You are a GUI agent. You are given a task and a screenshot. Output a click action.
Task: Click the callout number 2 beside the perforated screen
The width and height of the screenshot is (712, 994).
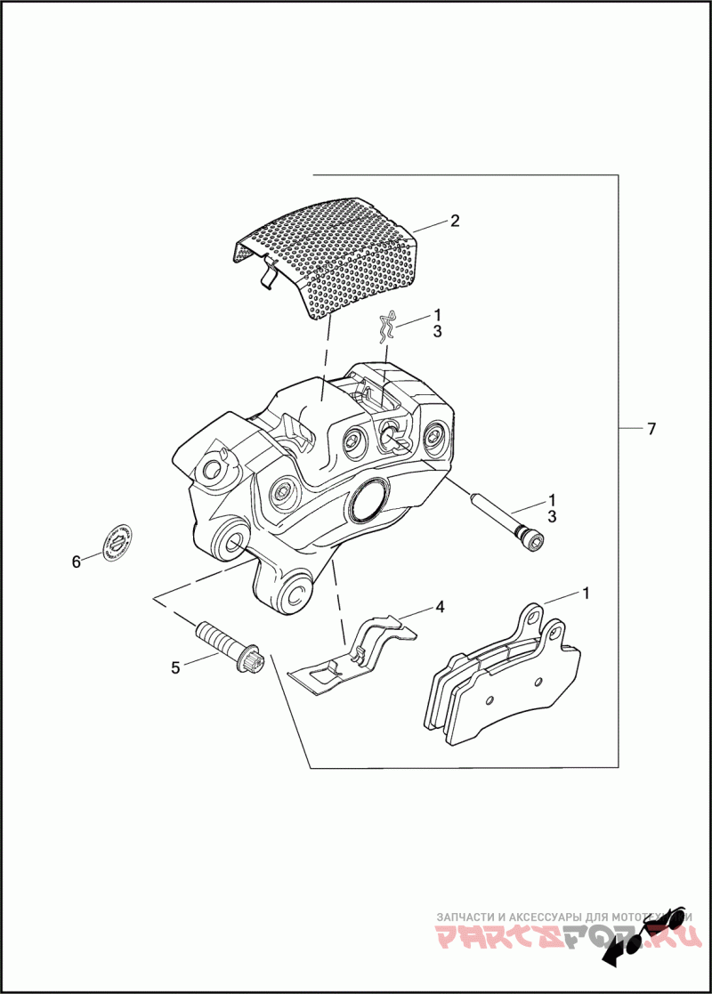tap(454, 221)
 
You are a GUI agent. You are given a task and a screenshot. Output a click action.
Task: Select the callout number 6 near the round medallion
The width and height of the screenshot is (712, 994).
tap(76, 561)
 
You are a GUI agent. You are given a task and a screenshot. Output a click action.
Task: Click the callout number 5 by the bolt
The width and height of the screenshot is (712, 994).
tap(176, 666)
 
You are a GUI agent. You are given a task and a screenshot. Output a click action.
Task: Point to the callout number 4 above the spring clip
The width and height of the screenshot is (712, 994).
tap(439, 608)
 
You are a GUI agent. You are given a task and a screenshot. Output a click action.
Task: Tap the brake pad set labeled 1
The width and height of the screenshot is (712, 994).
tap(503, 681)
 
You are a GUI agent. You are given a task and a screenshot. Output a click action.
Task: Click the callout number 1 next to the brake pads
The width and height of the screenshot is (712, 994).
tap(586, 592)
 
